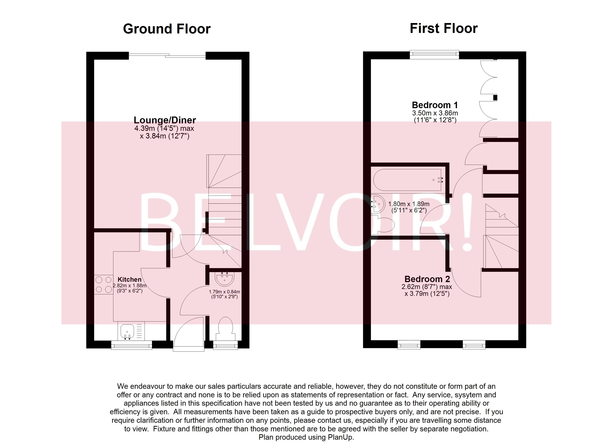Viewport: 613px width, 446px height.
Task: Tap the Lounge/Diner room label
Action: pyautogui.click(x=165, y=120)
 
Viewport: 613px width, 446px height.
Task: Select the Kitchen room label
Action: pyautogui.click(x=129, y=279)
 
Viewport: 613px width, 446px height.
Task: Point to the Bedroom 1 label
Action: pyautogui.click(x=435, y=105)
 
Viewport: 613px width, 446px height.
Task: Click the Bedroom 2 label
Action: pyautogui.click(x=427, y=279)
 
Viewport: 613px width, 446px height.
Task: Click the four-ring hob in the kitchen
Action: pyautogui.click(x=103, y=285)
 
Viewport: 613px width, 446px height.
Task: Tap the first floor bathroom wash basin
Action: pyautogui.click(x=378, y=204)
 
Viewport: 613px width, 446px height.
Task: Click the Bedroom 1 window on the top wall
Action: pyautogui.click(x=434, y=54)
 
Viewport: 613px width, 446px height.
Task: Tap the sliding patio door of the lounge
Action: pyautogui.click(x=167, y=56)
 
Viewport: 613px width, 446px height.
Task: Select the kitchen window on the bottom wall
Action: pyautogui.click(x=132, y=345)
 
